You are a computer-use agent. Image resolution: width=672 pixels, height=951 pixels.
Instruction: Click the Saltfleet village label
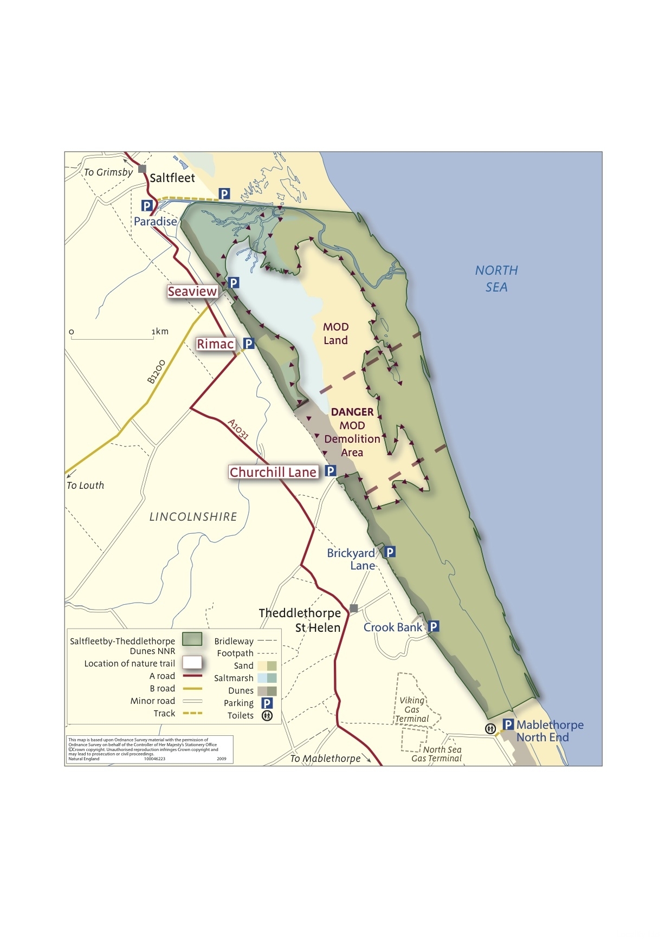172,178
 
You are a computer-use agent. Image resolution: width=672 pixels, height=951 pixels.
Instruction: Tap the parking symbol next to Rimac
248,344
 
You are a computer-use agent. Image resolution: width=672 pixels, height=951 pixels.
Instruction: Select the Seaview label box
192,292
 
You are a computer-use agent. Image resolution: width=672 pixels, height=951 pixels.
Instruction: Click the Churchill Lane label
273,473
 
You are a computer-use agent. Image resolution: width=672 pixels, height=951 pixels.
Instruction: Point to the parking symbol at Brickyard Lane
389,552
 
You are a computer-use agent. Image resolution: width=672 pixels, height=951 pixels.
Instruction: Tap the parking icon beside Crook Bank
434,627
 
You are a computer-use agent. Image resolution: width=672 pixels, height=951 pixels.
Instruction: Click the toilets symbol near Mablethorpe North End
490,729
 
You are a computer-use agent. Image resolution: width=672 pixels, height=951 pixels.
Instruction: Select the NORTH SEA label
496,279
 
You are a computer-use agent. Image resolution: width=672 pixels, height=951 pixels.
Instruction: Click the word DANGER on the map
352,412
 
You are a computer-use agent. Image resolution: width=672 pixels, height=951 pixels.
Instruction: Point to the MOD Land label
335,334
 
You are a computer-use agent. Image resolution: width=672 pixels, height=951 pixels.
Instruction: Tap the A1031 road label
238,429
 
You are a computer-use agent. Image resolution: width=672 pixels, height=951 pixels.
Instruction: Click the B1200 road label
156,372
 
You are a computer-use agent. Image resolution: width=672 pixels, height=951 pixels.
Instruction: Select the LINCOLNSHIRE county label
193,517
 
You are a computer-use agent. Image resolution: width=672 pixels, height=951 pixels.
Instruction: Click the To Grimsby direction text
108,172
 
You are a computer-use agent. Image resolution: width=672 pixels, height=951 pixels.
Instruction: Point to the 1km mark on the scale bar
160,332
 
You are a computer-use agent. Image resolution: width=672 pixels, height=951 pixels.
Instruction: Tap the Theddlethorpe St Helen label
300,620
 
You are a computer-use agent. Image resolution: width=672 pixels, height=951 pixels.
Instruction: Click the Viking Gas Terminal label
412,709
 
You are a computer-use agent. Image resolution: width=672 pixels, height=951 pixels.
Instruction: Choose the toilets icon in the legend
267,716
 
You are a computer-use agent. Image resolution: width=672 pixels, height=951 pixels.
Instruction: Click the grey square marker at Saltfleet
143,169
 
